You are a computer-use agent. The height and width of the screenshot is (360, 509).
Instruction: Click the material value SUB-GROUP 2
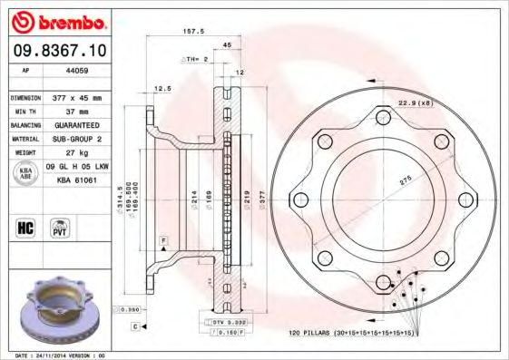(75, 139)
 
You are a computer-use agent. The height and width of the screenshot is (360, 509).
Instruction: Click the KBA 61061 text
(76, 180)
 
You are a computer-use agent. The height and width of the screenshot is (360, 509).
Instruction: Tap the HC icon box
(25, 227)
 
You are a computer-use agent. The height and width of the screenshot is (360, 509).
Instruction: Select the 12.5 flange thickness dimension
(163, 88)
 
